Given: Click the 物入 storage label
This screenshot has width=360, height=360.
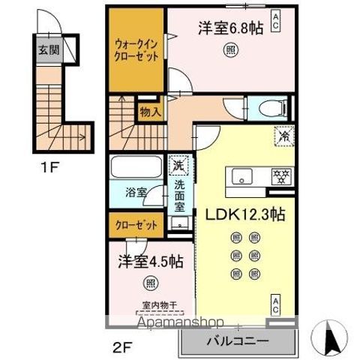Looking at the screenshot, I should (149, 112).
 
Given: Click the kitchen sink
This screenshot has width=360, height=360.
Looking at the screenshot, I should (244, 177).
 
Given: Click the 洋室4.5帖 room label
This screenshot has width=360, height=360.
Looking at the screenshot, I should (150, 262).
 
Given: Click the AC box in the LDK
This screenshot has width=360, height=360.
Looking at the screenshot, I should (276, 305).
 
